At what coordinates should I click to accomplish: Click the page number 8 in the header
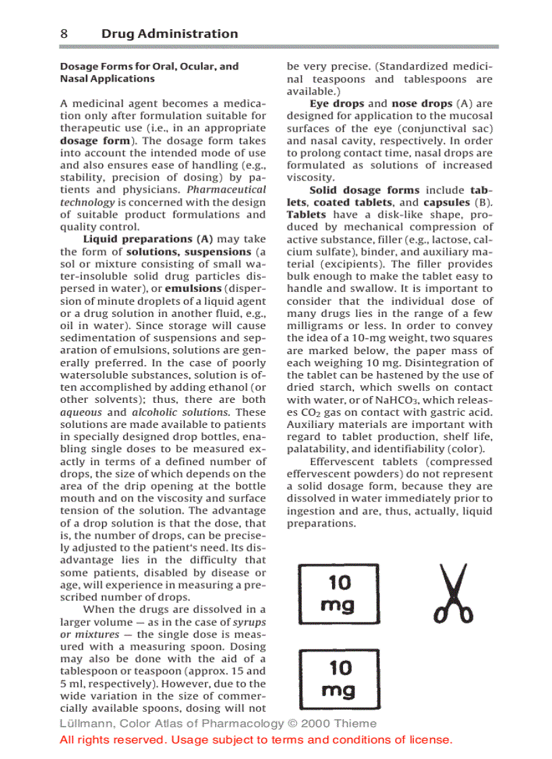pos(64,34)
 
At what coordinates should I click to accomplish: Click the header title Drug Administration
pos(169,34)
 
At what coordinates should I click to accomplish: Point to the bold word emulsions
pos(193,289)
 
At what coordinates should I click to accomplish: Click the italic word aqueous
pos(81,412)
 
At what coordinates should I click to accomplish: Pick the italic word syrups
pos(249,622)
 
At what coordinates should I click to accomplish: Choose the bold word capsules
pos(446,203)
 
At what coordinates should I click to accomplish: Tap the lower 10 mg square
pos(339,679)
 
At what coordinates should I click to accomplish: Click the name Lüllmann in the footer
pos(85,724)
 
